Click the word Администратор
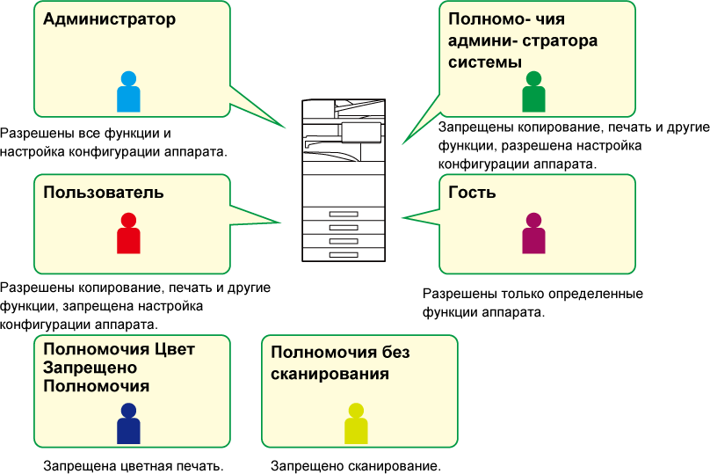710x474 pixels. click(110, 18)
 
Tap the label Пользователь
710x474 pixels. click(104, 193)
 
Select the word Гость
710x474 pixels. click(472, 193)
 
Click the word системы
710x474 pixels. click(485, 62)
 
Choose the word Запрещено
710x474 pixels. click(87, 368)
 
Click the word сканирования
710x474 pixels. click(330, 374)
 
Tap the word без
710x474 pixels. click(395, 353)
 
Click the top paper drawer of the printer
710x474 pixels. click(344, 214)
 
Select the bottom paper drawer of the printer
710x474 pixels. click(344, 254)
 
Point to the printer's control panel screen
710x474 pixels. click(361, 132)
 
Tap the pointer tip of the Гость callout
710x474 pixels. click(402, 218)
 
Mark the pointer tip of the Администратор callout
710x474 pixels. click(286, 128)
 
